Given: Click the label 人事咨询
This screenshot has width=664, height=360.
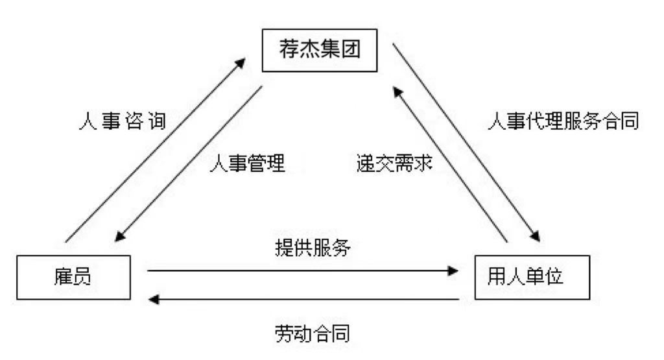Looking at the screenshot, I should tap(123, 121).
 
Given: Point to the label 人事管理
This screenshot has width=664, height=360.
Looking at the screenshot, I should tap(248, 162).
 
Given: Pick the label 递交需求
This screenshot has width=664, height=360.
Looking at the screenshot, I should tap(394, 162).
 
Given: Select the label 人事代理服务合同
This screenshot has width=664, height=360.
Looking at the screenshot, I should tap(563, 121).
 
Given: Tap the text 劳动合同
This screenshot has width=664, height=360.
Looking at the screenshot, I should tap(313, 334).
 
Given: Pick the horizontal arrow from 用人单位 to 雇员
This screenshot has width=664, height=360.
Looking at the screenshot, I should tap(305, 299).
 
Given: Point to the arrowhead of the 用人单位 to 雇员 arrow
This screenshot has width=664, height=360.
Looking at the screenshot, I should tap(154, 299).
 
